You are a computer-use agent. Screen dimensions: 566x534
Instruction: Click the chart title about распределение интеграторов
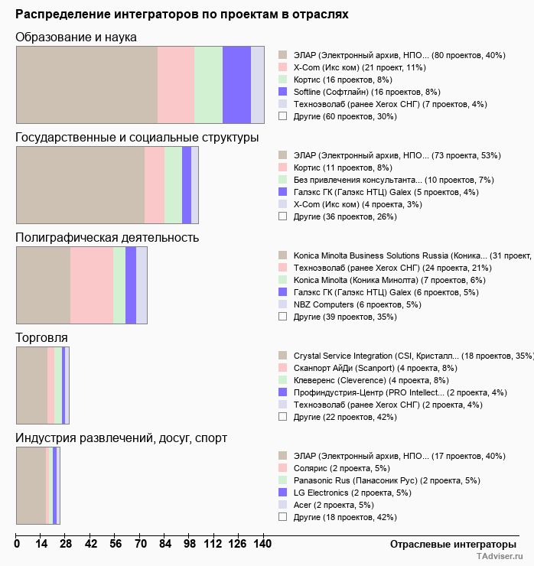pyautogui.click(x=182, y=14)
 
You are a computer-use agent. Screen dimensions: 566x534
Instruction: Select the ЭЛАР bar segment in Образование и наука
pyautogui.click(x=86, y=84)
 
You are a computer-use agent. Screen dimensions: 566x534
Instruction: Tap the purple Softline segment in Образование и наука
pyautogui.click(x=236, y=84)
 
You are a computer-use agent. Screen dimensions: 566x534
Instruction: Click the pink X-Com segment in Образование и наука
pyautogui.click(x=175, y=84)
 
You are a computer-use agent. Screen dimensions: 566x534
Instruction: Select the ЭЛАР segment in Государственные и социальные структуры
pyautogui.click(x=80, y=185)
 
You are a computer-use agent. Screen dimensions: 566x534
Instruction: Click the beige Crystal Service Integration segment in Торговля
pyautogui.click(x=31, y=385)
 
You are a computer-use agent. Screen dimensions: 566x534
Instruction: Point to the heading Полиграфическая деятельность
pyautogui.click(x=107, y=237)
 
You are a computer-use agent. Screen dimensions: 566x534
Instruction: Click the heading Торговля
pyautogui.click(x=42, y=337)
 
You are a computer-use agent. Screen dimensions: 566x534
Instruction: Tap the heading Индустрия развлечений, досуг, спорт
pyautogui.click(x=121, y=438)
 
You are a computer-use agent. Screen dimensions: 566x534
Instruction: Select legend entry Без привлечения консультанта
pyautogui.click(x=367, y=180)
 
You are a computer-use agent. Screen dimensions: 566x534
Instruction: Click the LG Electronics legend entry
pyautogui.click(x=344, y=493)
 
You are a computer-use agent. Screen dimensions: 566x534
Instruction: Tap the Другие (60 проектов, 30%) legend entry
pyautogui.click(x=345, y=116)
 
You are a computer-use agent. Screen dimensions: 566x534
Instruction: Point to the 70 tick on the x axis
pyautogui.click(x=141, y=544)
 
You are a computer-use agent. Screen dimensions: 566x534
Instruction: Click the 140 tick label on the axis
pyautogui.click(x=263, y=544)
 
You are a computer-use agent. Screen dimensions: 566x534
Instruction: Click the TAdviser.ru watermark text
pyautogui.click(x=502, y=558)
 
